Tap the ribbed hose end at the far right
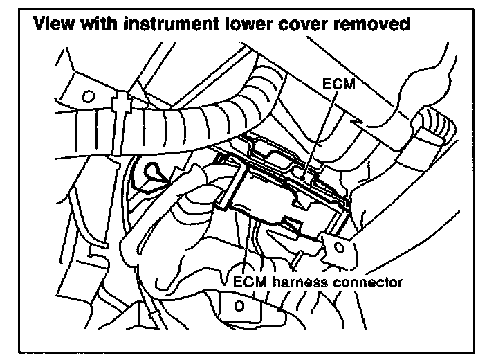[432, 128]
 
